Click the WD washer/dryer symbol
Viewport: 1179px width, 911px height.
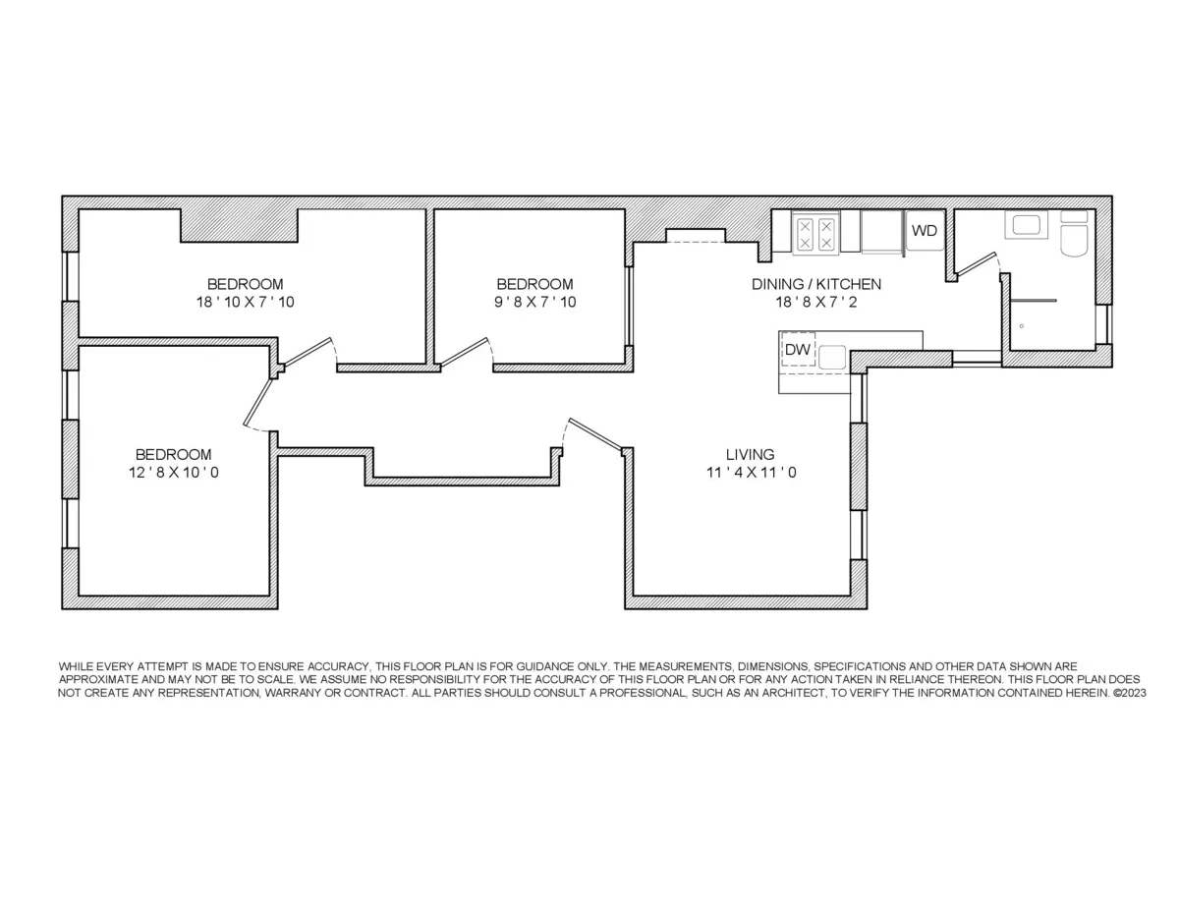925,231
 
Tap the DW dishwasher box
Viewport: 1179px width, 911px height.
798,350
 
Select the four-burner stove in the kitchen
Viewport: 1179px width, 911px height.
814,233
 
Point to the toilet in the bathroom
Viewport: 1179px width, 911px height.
1075,236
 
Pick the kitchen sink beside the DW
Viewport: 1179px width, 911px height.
833,356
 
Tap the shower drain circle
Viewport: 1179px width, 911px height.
1022,325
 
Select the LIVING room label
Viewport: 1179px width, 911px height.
750,455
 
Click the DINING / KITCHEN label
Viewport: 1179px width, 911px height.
815,284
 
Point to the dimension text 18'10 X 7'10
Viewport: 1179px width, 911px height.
245,302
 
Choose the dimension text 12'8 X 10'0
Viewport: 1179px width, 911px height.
173,473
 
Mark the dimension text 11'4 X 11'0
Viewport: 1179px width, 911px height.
750,473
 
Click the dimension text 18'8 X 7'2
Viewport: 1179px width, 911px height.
815,302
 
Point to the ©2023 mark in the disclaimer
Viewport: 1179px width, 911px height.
1128,693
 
